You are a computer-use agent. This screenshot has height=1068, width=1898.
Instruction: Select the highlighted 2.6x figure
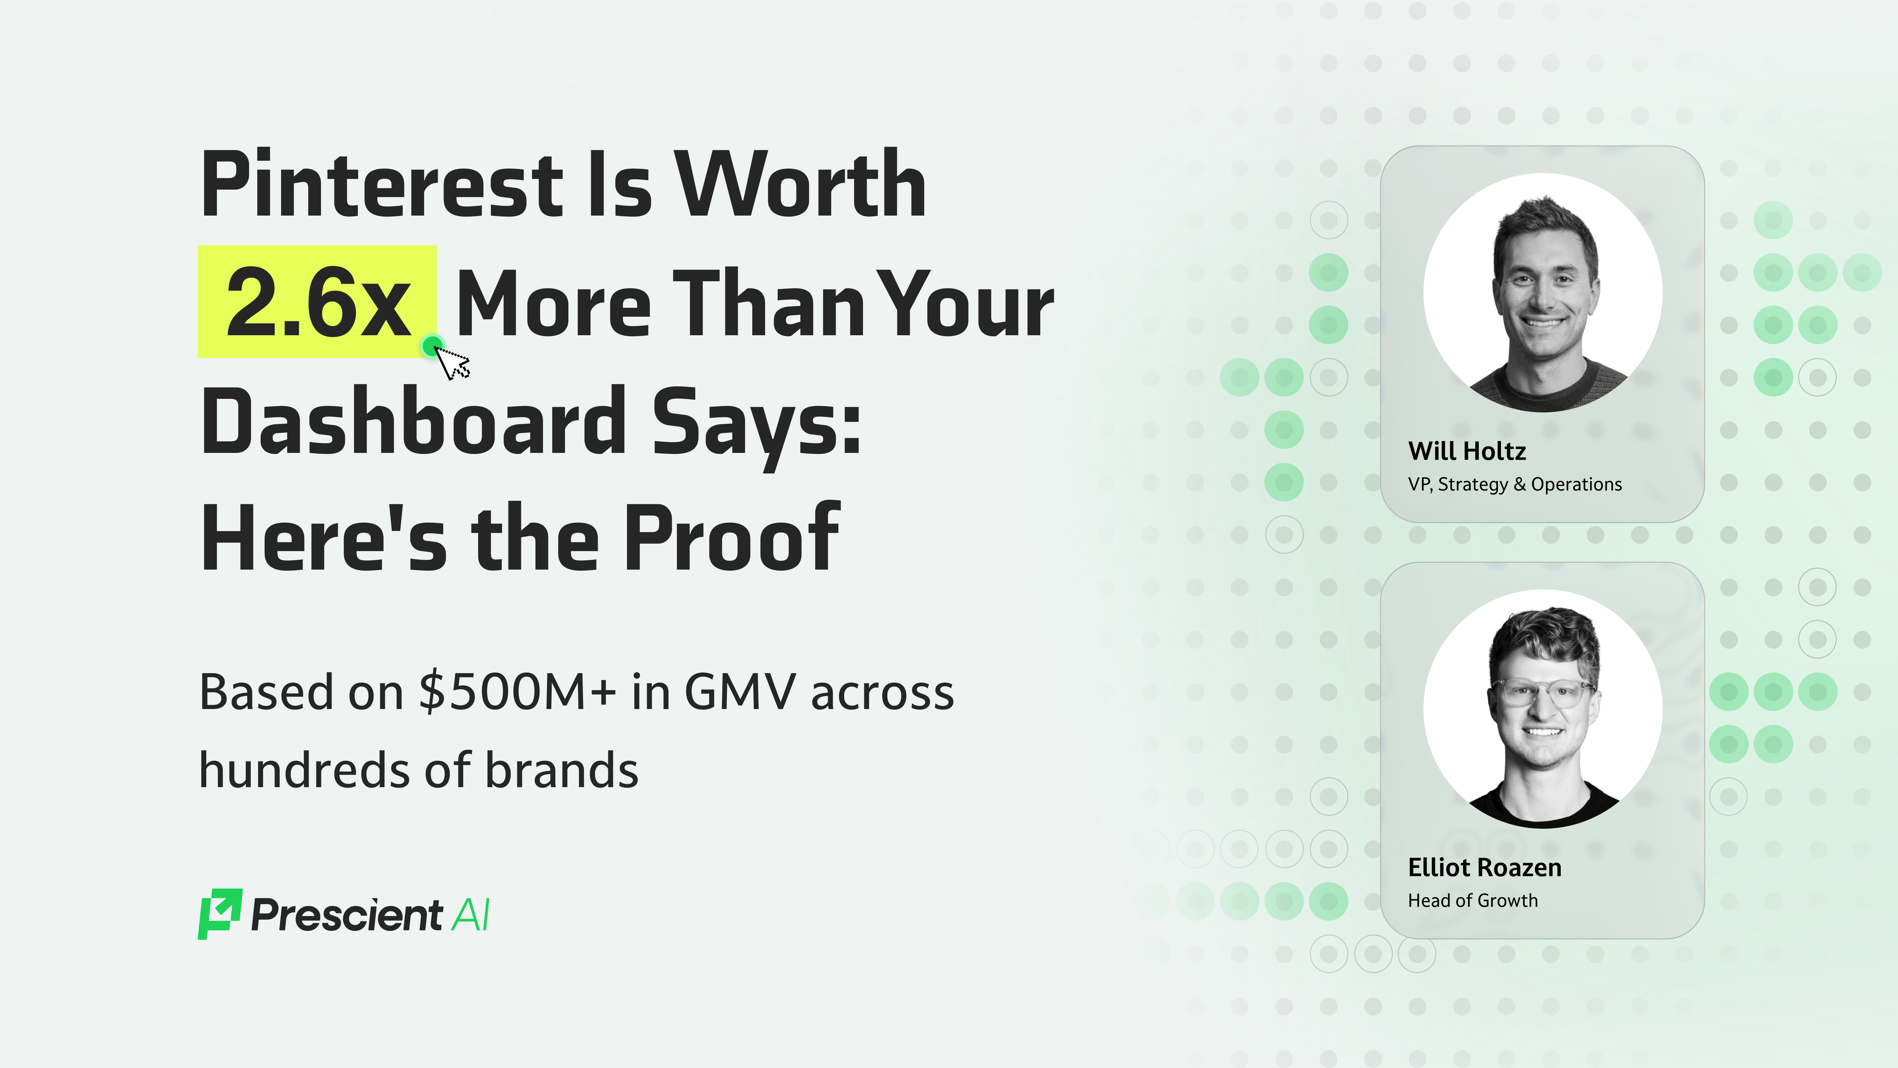point(318,302)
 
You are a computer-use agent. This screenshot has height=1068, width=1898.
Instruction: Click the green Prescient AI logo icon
point(219,914)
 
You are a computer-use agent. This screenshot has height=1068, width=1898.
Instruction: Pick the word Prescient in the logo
point(346,915)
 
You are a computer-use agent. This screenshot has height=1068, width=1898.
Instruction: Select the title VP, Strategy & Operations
point(1514,484)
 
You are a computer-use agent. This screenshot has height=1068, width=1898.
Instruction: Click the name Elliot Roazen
point(1484,868)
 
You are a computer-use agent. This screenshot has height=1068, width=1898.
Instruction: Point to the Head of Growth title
point(1472,901)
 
